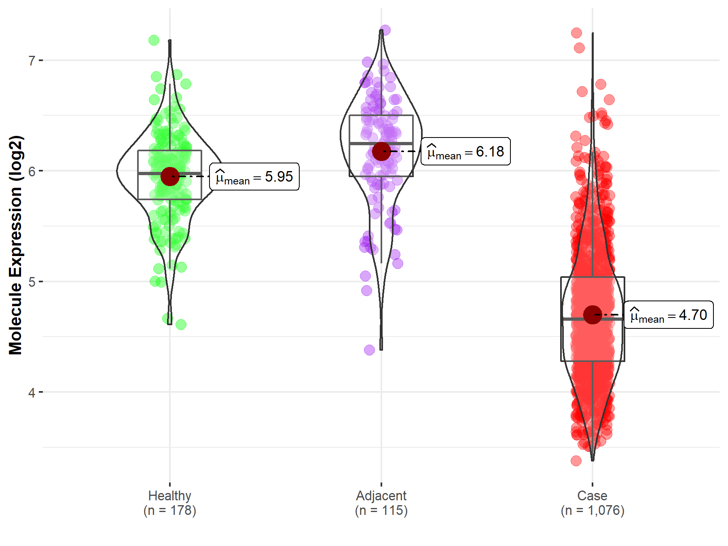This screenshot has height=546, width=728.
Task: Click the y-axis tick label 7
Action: (32, 61)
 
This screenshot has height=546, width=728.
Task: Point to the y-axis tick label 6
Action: (32, 171)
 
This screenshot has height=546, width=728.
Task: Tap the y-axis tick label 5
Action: (32, 282)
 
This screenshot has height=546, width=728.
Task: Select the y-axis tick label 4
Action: (32, 393)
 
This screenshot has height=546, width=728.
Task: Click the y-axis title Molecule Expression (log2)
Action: (15, 245)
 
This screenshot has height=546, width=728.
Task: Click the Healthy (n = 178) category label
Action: (169, 503)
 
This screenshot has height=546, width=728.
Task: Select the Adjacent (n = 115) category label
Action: (381, 503)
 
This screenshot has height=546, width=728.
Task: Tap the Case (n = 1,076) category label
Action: (593, 503)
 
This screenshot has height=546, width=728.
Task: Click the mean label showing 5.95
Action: (254, 177)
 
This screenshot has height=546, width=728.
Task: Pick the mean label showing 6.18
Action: (466, 152)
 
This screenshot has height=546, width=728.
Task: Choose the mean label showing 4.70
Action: (669, 315)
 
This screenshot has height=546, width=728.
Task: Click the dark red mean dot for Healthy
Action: (170, 176)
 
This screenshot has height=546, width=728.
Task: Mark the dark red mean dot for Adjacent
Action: (381, 151)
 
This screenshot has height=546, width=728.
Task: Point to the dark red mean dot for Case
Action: (593, 315)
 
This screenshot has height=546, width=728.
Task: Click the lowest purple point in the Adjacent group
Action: (369, 350)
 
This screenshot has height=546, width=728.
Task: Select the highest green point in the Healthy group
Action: (154, 40)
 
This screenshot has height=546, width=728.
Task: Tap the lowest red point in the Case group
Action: (576, 461)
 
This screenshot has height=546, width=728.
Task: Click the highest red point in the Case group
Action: (577, 33)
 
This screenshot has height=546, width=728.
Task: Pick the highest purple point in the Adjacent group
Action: (385, 30)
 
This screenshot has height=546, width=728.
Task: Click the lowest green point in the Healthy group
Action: (181, 324)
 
